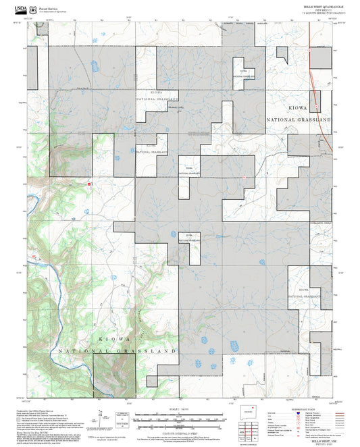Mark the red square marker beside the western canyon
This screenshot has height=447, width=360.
tap(88, 182)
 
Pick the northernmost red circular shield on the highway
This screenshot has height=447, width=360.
tap(309, 51)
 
